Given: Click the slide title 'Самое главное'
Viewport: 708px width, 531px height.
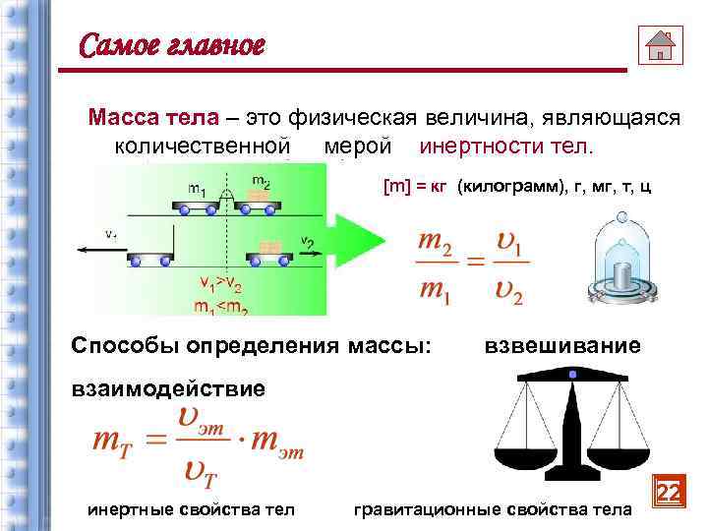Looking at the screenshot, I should pyautogui.click(x=172, y=45).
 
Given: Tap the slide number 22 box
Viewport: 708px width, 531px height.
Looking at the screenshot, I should pyautogui.click(x=669, y=493).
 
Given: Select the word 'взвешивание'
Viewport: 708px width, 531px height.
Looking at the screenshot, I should pyautogui.click(x=563, y=346).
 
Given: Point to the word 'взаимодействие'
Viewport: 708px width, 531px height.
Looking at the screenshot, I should pyautogui.click(x=168, y=387).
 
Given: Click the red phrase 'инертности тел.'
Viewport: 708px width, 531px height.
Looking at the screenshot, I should pyautogui.click(x=506, y=147).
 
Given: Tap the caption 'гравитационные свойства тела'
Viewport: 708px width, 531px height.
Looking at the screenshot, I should pyautogui.click(x=492, y=508).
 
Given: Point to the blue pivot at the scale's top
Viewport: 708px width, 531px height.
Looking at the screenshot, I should pyautogui.click(x=571, y=375).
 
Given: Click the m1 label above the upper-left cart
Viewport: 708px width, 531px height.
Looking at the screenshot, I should pyautogui.click(x=198, y=187).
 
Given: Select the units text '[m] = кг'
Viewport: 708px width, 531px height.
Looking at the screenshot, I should pyautogui.click(x=416, y=186).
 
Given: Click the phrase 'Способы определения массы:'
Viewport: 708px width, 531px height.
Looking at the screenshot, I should pyautogui.click(x=252, y=346).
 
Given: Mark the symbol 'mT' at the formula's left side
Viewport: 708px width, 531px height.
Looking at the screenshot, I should pyautogui.click(x=112, y=442).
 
